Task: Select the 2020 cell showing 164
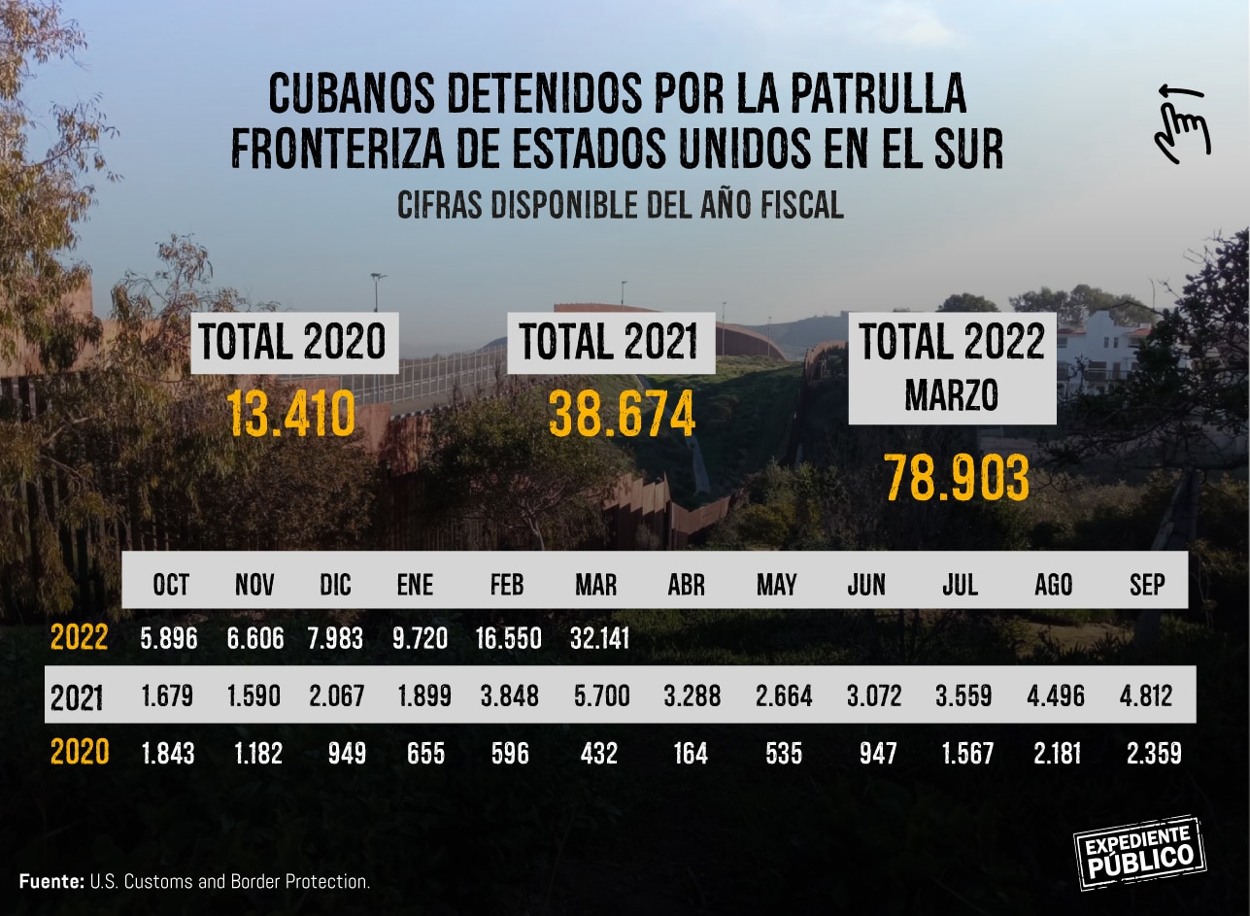pos(690,753)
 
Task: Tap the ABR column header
pos(686,585)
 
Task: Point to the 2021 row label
pos(77,696)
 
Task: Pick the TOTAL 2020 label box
pos(293,342)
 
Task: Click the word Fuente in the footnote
pos(51,882)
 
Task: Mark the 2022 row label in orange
pos(79,638)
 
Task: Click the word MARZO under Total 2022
pos(952,394)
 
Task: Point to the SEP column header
pos(1147,585)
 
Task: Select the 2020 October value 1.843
pos(168,753)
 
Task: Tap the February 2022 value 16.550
pos(507,638)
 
